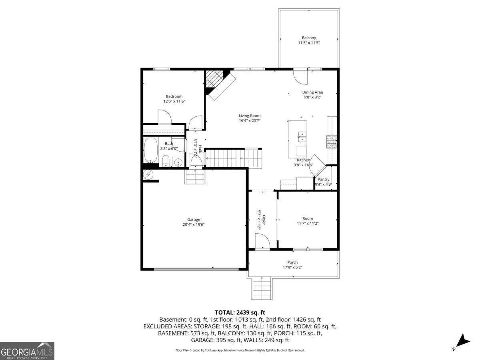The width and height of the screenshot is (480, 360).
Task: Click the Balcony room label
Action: coord(309,38)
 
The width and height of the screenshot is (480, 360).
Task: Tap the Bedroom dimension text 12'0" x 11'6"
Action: coord(174,102)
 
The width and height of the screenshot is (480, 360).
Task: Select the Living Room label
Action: coord(250,116)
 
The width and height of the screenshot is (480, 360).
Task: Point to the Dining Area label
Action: coord(312,92)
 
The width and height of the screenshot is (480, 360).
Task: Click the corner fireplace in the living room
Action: coord(218,83)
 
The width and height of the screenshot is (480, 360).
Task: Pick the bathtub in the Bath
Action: coord(150,150)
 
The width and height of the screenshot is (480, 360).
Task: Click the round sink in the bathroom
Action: coord(178,162)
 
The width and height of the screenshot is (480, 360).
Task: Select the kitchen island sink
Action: coord(302,137)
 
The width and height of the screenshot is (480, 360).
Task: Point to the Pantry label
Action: coord(323,180)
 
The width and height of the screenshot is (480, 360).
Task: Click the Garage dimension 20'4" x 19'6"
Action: coord(194,225)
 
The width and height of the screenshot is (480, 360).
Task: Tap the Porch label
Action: coord(292,262)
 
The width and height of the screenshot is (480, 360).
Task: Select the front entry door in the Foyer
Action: coord(262,242)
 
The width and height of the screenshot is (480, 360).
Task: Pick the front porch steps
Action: coord(262,288)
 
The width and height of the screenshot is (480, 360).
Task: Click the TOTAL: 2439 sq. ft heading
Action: coord(240,312)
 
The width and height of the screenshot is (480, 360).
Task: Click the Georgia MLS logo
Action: coord(27,351)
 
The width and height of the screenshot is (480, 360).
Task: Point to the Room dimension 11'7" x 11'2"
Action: coord(308,224)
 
